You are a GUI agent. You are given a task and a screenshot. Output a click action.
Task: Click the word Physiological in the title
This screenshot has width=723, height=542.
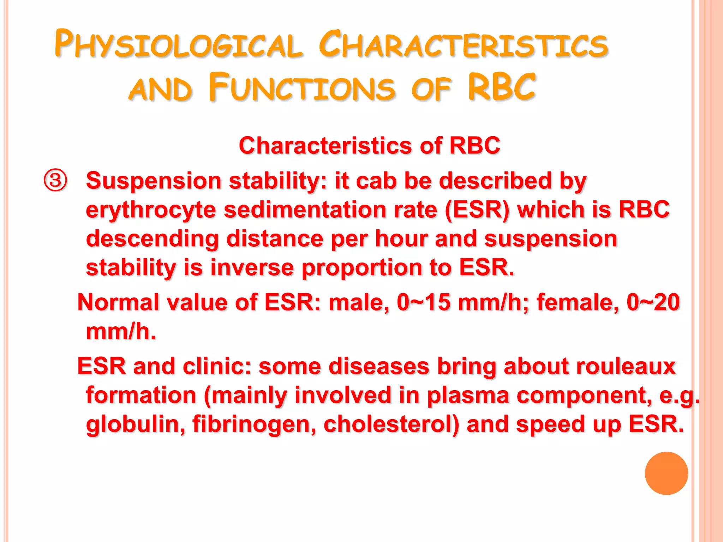pyautogui.click(x=178, y=45)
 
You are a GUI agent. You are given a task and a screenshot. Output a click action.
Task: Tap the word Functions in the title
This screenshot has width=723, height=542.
pyautogui.click(x=302, y=88)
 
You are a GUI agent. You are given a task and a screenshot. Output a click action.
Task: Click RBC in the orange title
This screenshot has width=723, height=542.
pyautogui.click(x=502, y=88)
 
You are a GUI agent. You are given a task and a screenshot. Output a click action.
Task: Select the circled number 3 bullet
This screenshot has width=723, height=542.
pyautogui.click(x=55, y=181)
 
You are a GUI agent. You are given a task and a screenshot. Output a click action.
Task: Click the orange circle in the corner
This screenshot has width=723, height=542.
pyautogui.click(x=666, y=473)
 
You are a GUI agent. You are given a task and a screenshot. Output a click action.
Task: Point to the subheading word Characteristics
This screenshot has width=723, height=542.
pyautogui.click(x=325, y=145)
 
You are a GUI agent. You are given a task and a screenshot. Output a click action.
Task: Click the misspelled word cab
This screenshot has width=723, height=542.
pyautogui.click(x=376, y=181)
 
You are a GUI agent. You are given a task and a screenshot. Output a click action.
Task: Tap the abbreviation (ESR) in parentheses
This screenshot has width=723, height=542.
pyautogui.click(x=477, y=210)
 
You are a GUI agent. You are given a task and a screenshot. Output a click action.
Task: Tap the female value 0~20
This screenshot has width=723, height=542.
pyautogui.click(x=653, y=303)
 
